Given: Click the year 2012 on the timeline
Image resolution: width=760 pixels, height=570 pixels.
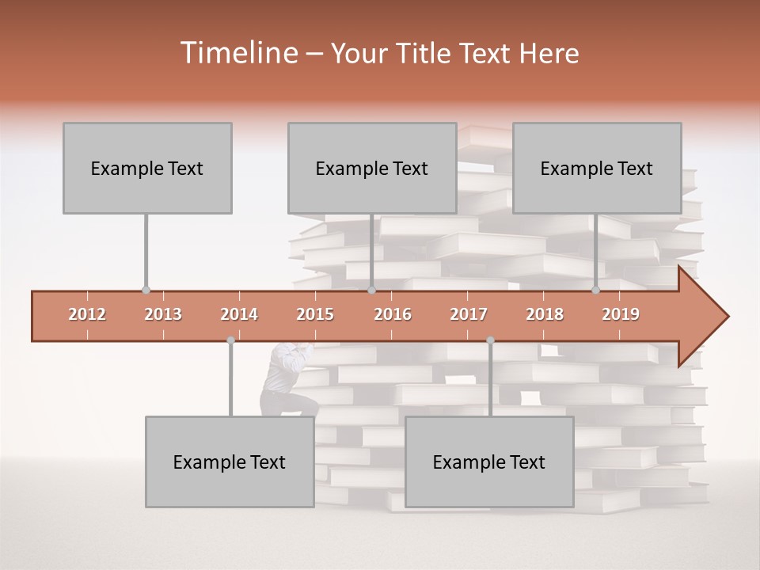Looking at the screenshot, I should (x=87, y=314).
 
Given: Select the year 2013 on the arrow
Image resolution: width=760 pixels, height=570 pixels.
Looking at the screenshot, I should (x=163, y=314).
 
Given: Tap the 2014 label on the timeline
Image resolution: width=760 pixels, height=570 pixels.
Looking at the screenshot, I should (x=239, y=314).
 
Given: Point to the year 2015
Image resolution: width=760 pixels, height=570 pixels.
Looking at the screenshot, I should (x=315, y=314).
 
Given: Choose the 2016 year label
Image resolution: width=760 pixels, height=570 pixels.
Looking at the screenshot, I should (x=393, y=314).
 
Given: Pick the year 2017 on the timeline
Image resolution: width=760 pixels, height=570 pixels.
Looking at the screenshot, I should (x=469, y=314).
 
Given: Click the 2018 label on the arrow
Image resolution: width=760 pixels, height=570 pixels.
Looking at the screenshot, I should (x=545, y=314).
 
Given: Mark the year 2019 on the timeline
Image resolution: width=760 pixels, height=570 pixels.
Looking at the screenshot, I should (x=621, y=314).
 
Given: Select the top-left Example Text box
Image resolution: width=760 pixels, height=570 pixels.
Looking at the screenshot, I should (x=147, y=168).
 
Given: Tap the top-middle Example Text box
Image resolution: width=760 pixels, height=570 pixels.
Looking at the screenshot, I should (x=372, y=168).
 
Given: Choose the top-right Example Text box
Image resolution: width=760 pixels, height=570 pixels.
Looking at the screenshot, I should (x=597, y=168).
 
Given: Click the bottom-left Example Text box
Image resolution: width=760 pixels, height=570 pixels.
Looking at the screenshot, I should (x=230, y=462).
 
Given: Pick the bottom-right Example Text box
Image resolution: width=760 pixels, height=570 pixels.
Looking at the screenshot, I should (x=489, y=462).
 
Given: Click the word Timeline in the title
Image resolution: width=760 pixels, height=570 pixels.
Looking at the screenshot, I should (x=237, y=53).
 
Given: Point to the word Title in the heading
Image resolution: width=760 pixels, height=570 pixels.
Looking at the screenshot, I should (x=427, y=54).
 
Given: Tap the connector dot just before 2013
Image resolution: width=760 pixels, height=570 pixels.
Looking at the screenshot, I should (x=146, y=290).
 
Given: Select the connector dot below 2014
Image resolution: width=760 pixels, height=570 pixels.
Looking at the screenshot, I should (x=230, y=340).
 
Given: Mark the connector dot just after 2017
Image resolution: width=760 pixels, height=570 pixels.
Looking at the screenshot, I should (x=490, y=340).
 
